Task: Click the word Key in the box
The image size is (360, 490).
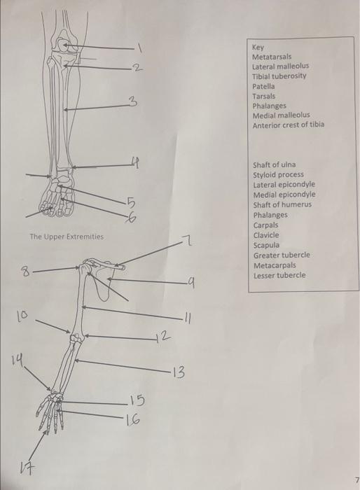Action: tap(258, 46)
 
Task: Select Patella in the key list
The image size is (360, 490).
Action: tap(264, 86)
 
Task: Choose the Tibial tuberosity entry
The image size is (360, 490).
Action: tap(279, 76)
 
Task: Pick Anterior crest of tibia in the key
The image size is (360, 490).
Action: tap(288, 125)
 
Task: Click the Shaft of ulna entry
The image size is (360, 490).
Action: tap(274, 165)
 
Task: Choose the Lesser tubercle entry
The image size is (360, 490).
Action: tap(279, 275)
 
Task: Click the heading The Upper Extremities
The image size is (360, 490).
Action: tap(67, 237)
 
